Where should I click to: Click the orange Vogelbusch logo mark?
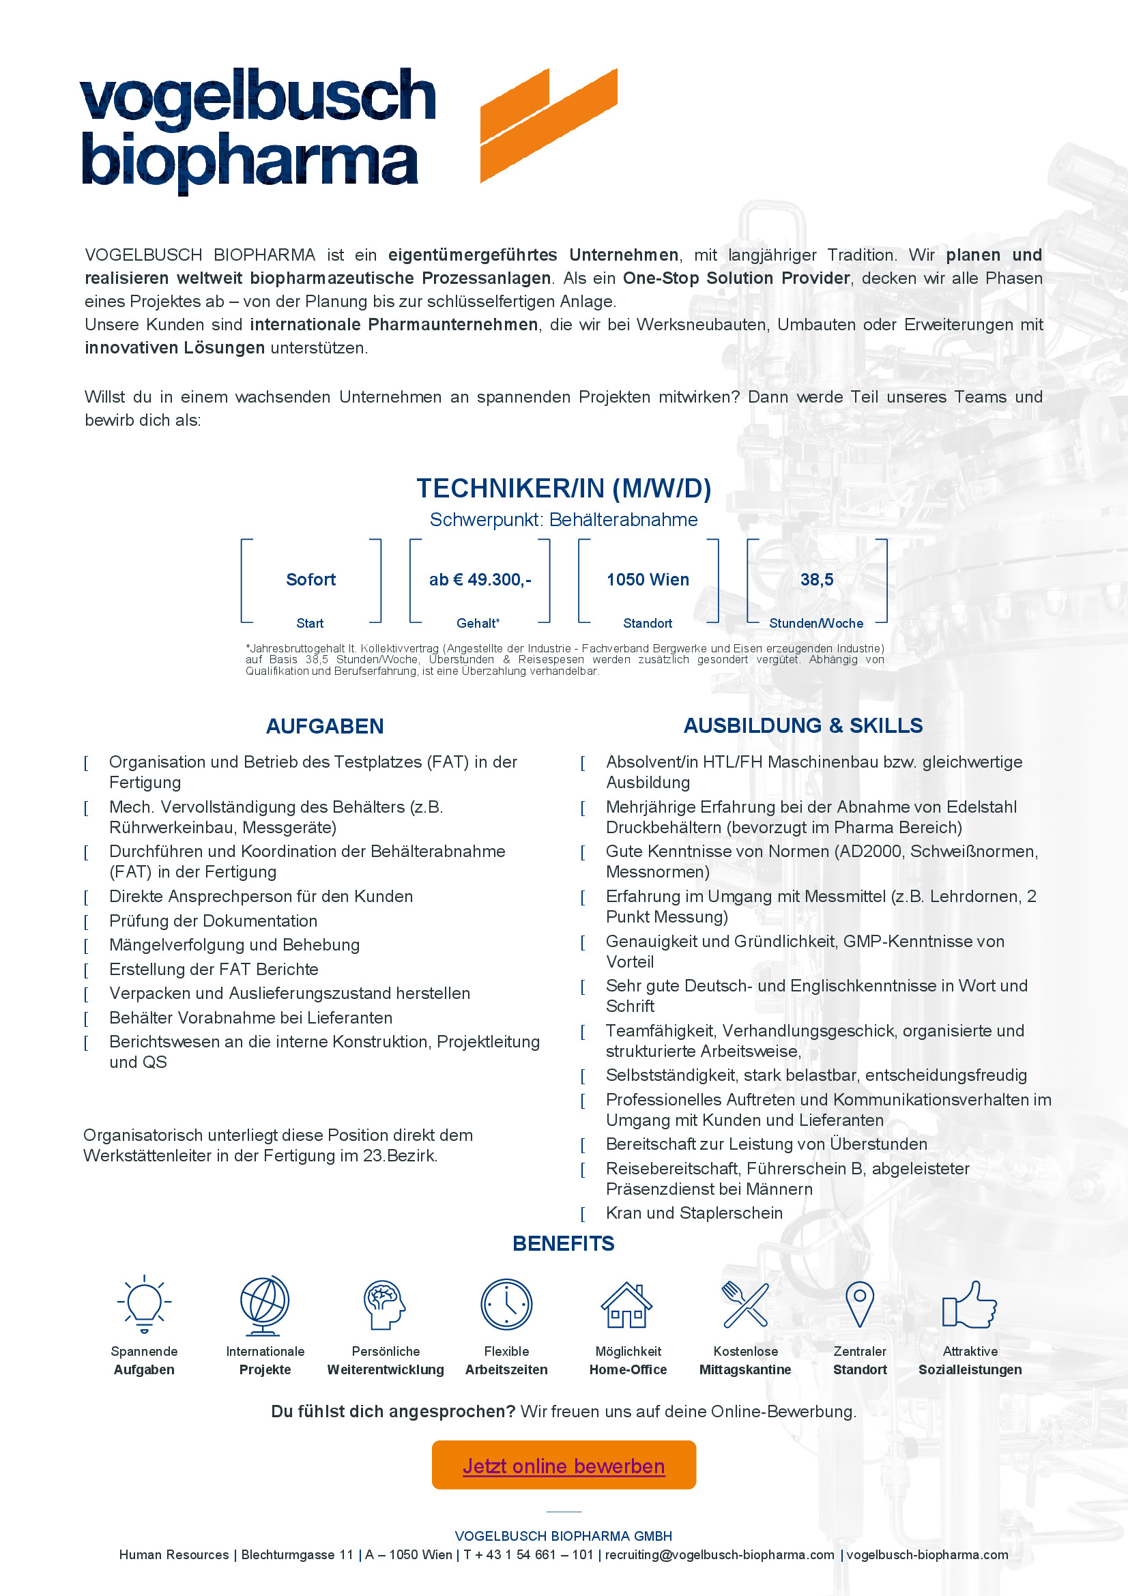pyautogui.click(x=549, y=125)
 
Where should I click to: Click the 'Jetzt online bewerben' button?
pyautogui.click(x=564, y=1465)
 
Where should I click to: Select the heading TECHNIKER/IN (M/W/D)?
pyautogui.click(x=564, y=489)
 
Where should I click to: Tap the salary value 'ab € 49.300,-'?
pyautogui.click(x=480, y=580)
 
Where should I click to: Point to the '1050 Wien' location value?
pyautogui.click(x=648, y=580)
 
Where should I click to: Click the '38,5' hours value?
pyautogui.click(x=817, y=580)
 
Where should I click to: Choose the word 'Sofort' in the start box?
pyautogui.click(x=310, y=580)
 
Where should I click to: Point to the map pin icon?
pyautogui.click(x=860, y=1304)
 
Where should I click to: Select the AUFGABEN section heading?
pyautogui.click(x=325, y=727)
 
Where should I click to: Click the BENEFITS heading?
pyautogui.click(x=564, y=1244)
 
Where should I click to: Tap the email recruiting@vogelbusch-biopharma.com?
pyautogui.click(x=719, y=1555)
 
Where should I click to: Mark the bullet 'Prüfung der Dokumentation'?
pyautogui.click(x=213, y=921)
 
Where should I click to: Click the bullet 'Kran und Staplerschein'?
pyautogui.click(x=693, y=1213)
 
